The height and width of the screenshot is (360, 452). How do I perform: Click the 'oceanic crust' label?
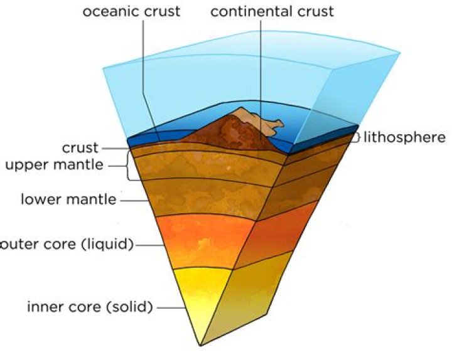[132, 12]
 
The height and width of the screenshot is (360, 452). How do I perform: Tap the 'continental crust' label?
[272, 12]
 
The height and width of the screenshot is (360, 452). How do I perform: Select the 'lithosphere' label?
[404, 137]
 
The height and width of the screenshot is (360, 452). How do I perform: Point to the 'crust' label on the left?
[80, 149]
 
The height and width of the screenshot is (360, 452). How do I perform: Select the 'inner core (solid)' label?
[90, 307]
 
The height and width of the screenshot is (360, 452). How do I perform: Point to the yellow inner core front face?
[201, 295]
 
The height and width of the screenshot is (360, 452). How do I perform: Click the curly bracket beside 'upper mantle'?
[130, 166]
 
